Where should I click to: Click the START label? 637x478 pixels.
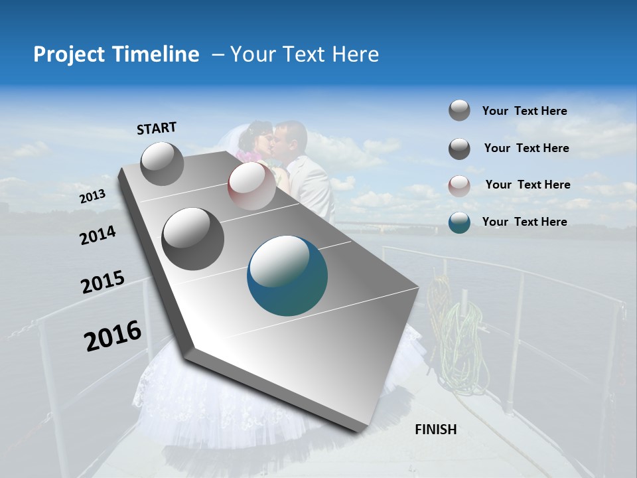coord(157,128)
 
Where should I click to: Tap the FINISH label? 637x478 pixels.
coord(436,430)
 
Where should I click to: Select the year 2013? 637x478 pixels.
coord(92,197)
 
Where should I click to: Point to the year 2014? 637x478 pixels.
coord(98,235)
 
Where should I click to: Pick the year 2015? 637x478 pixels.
coord(103,282)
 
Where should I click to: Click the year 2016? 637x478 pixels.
coord(113,336)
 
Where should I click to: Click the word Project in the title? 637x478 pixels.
coord(69,54)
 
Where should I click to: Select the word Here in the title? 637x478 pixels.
coord(356,54)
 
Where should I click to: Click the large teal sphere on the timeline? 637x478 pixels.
coord(287,276)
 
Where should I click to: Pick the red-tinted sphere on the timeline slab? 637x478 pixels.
coord(251,186)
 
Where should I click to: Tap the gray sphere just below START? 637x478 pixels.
coord(162,163)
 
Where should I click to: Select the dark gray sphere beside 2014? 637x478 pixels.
coord(193,238)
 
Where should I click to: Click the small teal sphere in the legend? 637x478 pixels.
coord(459,222)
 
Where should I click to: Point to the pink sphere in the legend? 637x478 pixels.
coord(459,186)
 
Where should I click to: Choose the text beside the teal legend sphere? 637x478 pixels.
coord(524,222)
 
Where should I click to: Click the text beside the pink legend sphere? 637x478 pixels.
coord(528,185)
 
